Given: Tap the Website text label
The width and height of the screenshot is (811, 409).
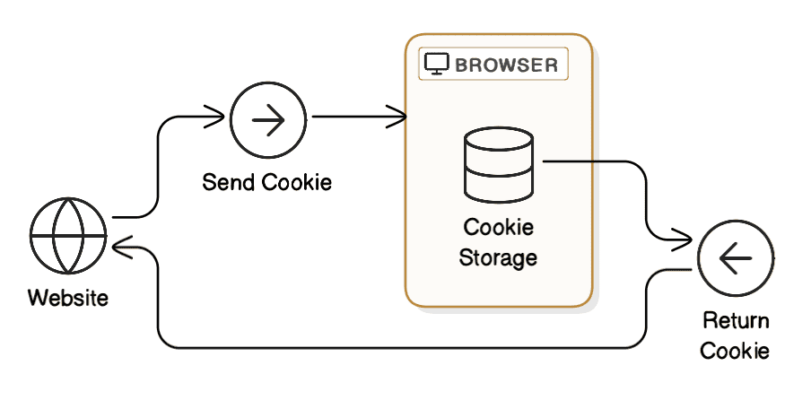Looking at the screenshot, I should [x=68, y=297].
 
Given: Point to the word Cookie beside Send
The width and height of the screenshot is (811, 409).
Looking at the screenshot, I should [x=297, y=183].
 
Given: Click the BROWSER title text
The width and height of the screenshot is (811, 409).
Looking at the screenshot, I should [x=506, y=65].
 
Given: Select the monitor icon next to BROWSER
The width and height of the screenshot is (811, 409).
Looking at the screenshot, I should [x=436, y=65].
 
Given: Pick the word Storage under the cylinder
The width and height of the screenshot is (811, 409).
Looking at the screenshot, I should [x=498, y=258].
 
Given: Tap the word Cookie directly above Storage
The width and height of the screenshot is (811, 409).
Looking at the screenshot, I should [x=498, y=227].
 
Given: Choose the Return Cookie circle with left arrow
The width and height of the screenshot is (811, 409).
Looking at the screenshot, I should [x=735, y=260].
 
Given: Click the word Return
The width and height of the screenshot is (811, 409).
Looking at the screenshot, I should [x=735, y=321].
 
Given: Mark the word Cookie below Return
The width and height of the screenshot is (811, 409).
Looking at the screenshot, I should [x=735, y=351].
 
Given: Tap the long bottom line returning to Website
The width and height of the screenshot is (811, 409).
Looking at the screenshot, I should [x=404, y=347].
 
